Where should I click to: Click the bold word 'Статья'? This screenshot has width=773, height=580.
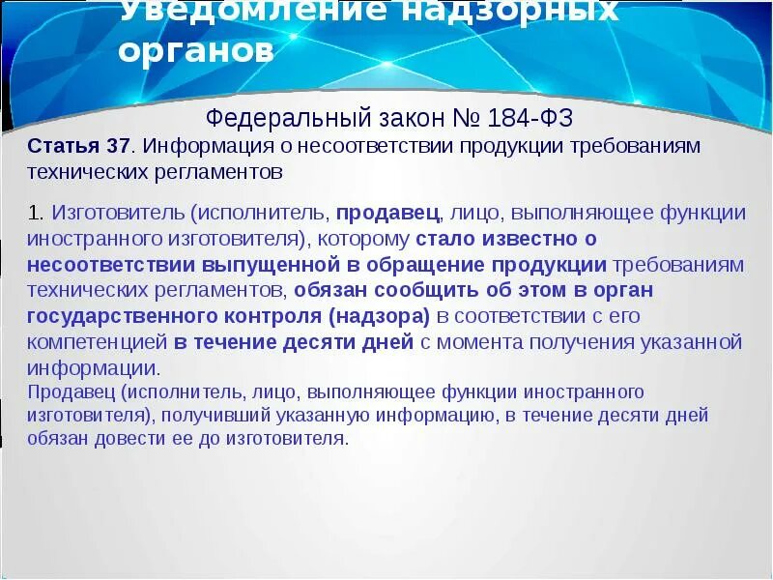pyautogui.click(x=64, y=146)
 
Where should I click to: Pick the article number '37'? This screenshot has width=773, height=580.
pyautogui.click(x=118, y=146)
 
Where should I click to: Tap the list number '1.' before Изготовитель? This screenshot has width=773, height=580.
pyautogui.click(x=37, y=212)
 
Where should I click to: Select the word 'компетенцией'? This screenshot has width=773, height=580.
pyautogui.click(x=98, y=342)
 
